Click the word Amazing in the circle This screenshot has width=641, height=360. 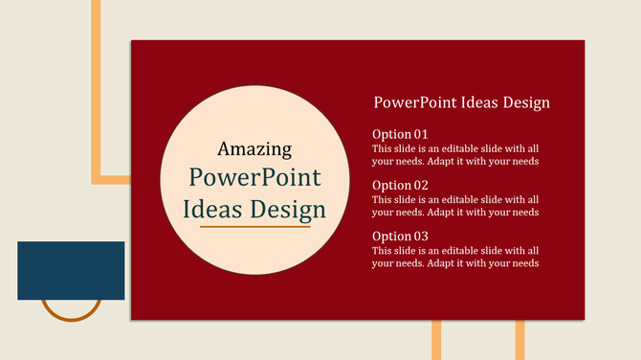(254, 148)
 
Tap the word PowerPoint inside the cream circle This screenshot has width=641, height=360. (254, 178)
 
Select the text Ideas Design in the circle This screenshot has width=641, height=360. (254, 209)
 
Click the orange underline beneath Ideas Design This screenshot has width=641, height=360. (254, 227)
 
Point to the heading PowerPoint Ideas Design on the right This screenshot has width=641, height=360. (461, 102)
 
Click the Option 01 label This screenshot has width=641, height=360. (400, 134)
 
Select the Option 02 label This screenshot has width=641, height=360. (400, 185)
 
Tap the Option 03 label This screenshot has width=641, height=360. (400, 236)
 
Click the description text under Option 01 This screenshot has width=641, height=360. (455, 155)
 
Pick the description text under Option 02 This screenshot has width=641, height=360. (455, 206)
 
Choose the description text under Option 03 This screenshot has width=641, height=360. (455, 257)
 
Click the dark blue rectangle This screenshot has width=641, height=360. (71, 270)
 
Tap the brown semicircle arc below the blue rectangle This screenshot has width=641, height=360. (71, 315)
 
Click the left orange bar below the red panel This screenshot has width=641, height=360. (436, 340)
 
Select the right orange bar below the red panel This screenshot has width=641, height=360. (520, 340)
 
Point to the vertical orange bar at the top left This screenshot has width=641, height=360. (96, 86)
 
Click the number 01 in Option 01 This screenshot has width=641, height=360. (420, 134)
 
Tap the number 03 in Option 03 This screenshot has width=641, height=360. (420, 236)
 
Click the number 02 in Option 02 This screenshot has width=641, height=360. (420, 185)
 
